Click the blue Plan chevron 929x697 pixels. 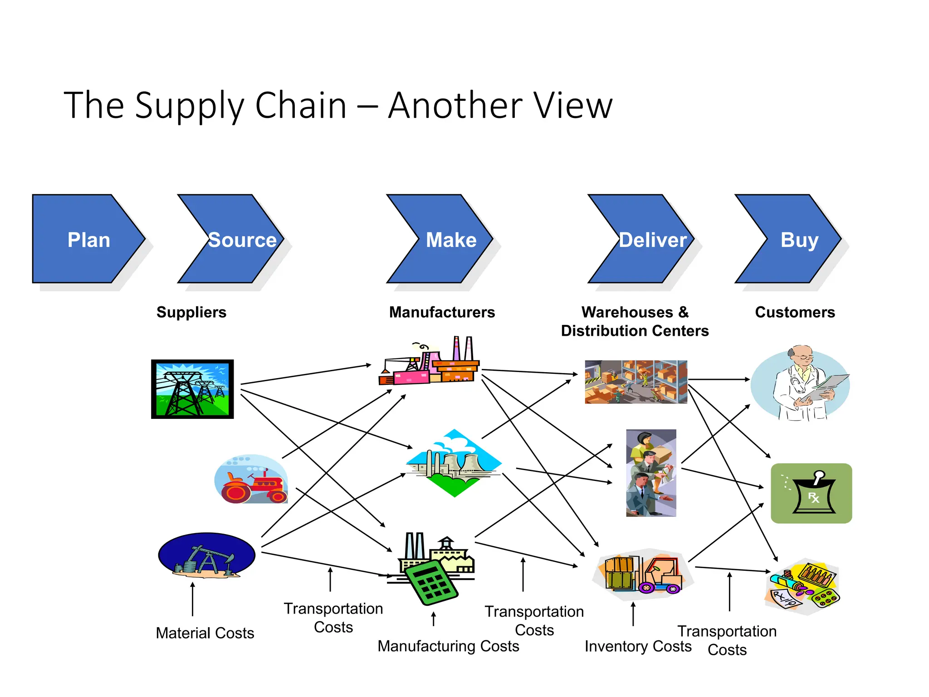86,239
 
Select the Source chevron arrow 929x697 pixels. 236,239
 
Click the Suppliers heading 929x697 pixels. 191,312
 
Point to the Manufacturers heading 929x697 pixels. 442,312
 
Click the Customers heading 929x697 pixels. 795,312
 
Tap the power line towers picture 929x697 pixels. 192,389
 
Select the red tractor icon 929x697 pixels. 251,480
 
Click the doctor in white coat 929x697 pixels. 800,384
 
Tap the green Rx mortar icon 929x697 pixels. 811,493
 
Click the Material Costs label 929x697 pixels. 205,633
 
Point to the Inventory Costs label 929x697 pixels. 638,646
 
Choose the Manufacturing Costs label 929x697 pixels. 448,646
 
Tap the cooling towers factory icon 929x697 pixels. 454,463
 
